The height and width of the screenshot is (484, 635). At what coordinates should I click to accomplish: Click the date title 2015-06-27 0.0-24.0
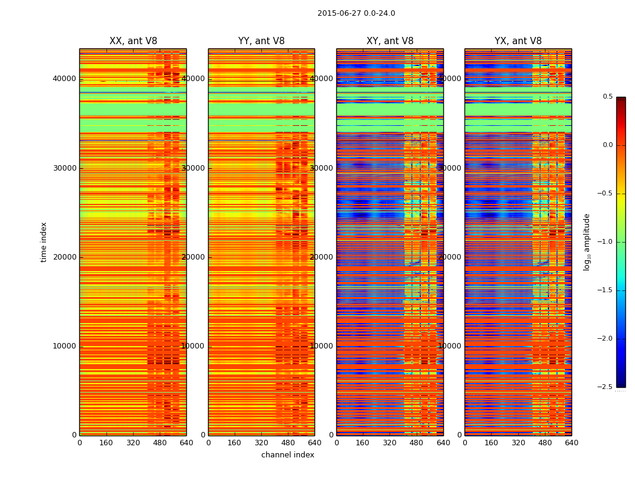coord(356,13)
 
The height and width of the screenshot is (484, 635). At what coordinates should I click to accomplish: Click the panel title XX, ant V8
coord(133,41)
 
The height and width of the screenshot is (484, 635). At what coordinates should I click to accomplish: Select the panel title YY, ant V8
coord(261,41)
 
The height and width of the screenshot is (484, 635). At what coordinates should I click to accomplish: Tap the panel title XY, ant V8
coord(390,41)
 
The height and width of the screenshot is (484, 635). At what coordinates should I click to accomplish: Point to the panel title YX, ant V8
coord(518,41)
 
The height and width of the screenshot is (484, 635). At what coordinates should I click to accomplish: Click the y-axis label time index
coord(44,241)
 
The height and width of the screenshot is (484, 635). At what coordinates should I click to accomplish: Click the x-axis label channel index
coord(288,455)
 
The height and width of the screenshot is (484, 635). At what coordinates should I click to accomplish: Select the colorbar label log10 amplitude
coord(587,241)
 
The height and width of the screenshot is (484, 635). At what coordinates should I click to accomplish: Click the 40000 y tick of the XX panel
coord(64,79)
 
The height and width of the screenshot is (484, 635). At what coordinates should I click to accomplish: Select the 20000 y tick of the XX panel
coord(64,257)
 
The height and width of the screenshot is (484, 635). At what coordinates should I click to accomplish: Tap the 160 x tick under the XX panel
coord(106,443)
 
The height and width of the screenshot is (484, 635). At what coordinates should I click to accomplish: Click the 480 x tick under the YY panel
coord(288,443)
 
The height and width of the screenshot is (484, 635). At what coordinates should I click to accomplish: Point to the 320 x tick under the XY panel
coord(390,443)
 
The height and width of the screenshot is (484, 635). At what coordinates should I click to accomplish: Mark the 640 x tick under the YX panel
coord(571,443)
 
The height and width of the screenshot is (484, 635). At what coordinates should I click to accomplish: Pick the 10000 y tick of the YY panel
coord(193,346)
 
